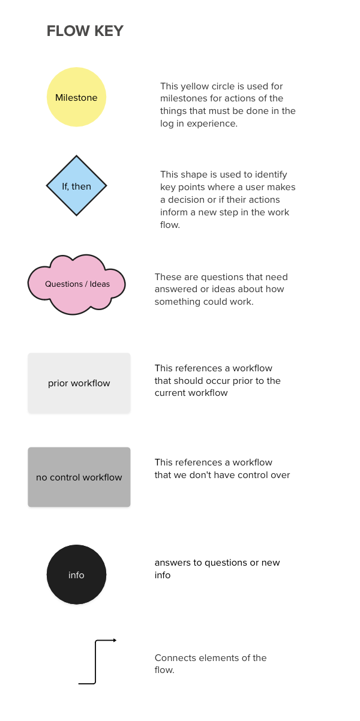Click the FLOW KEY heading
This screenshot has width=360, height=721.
(x=85, y=31)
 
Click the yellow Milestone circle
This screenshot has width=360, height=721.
(x=76, y=97)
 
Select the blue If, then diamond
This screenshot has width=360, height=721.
(x=76, y=186)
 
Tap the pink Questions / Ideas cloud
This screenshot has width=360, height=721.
(x=77, y=284)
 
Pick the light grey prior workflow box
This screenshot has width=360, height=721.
(x=79, y=383)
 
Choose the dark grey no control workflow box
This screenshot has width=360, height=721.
(x=79, y=477)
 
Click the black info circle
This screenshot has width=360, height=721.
(x=76, y=575)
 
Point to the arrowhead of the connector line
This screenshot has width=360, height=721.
(x=114, y=640)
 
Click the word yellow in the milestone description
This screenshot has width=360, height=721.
(x=194, y=86)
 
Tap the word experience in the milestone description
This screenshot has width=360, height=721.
(x=214, y=124)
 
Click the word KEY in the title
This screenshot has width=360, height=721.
(x=108, y=31)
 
